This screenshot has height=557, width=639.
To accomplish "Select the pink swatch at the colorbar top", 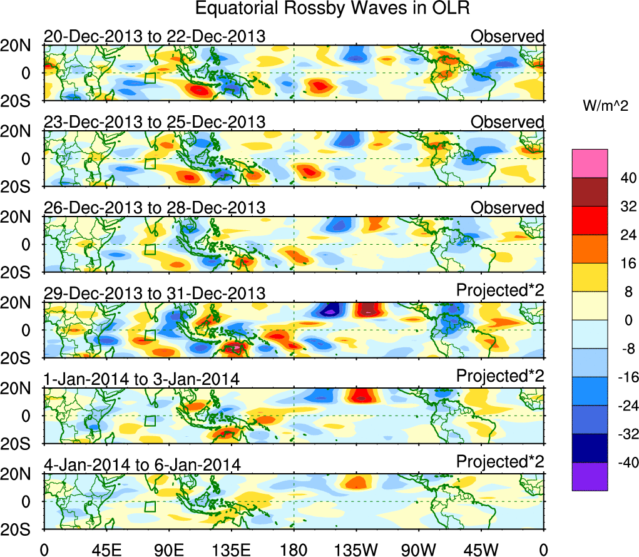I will coord(589,163).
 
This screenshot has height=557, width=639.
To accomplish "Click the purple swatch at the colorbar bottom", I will coord(589,476).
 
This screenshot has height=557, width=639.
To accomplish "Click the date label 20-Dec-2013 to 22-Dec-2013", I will coord(155,36).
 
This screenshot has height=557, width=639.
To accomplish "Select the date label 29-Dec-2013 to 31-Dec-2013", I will coord(155,293).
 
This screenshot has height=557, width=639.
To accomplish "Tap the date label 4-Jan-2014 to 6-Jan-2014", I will coord(142,464).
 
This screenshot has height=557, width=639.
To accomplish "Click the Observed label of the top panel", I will coord(508,36).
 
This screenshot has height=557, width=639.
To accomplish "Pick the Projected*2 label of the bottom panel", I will coord(500,462).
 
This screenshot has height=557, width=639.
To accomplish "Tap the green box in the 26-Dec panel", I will coord(150,249).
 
